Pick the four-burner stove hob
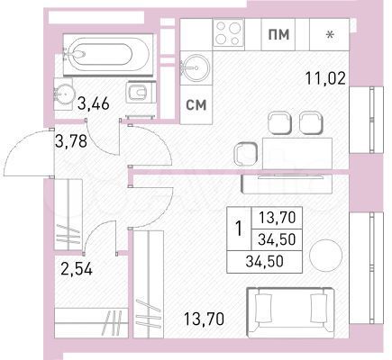pos(227,35)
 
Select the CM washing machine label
pos(196,103)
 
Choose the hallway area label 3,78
pos(73,141)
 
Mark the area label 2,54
pos(76,267)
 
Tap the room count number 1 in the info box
pos(238,229)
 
